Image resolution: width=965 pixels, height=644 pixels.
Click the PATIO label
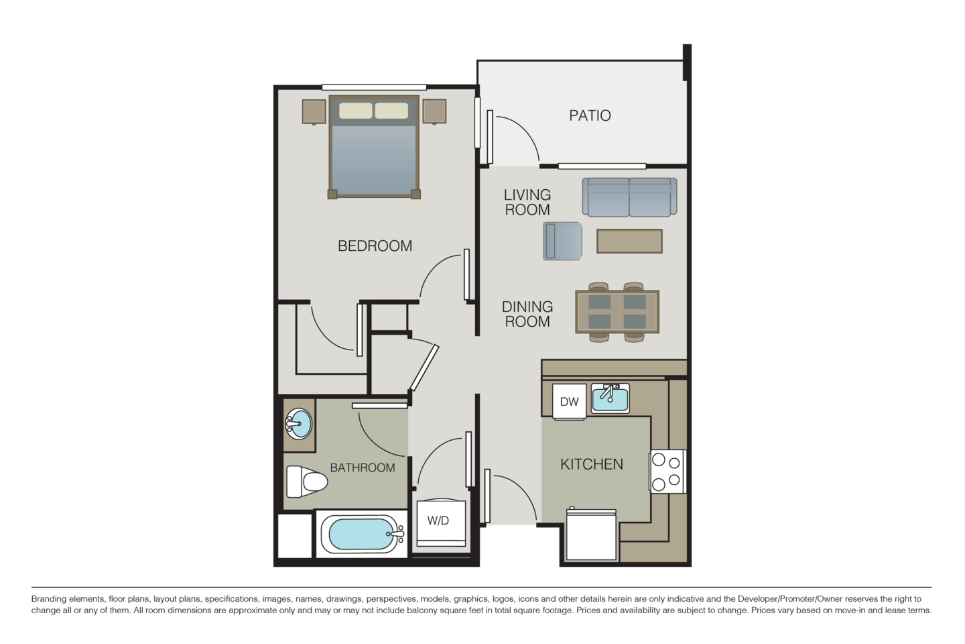(590, 115)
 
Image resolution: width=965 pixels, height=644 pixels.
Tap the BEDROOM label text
(375, 246)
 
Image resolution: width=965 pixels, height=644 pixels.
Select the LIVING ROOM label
(527, 202)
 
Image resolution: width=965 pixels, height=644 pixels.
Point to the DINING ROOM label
(527, 314)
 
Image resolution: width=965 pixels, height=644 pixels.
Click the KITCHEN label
(592, 464)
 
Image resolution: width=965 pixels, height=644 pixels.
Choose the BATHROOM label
(362, 467)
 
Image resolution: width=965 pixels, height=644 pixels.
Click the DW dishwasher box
(569, 402)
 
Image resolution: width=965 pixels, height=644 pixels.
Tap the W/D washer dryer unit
(438, 519)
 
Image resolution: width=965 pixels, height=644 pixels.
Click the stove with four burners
(667, 472)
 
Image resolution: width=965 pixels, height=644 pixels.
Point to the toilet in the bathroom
(306, 481)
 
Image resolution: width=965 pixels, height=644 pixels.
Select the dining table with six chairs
(617, 312)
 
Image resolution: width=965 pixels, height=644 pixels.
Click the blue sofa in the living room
(629, 197)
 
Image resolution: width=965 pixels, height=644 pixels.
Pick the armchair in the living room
(564, 240)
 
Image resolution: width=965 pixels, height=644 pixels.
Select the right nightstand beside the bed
(434, 111)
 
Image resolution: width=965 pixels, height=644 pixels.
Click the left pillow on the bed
(355, 110)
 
